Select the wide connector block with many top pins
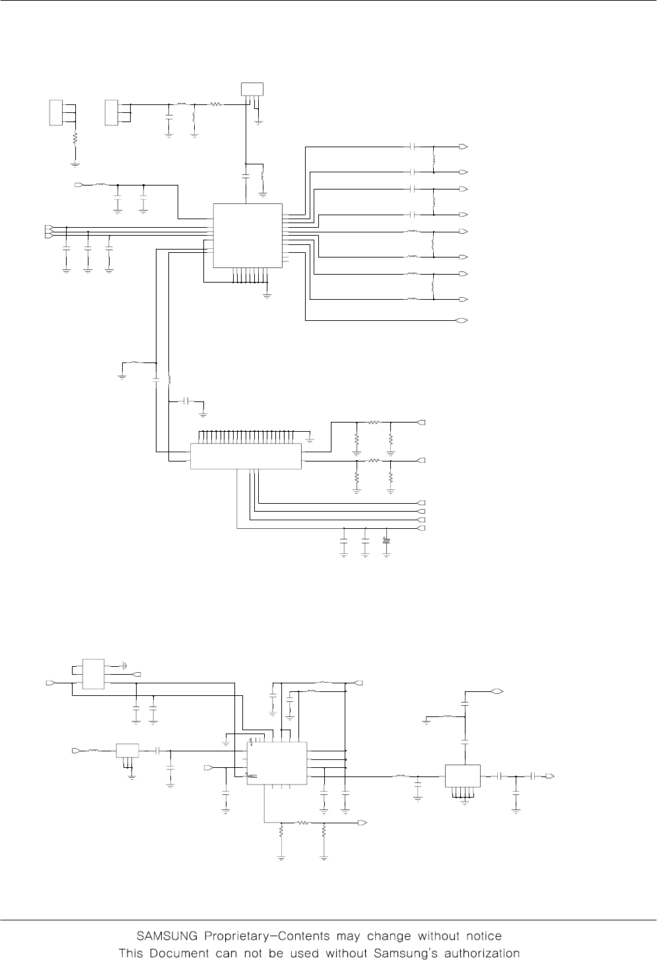246,456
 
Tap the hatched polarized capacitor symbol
387,541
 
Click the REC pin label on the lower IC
254,777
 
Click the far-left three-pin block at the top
55,112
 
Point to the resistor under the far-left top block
75,139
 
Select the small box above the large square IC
252,88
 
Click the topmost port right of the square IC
464,146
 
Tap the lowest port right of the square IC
464,321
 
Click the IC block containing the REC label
277,763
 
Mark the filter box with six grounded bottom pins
462,776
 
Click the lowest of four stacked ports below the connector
421,528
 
